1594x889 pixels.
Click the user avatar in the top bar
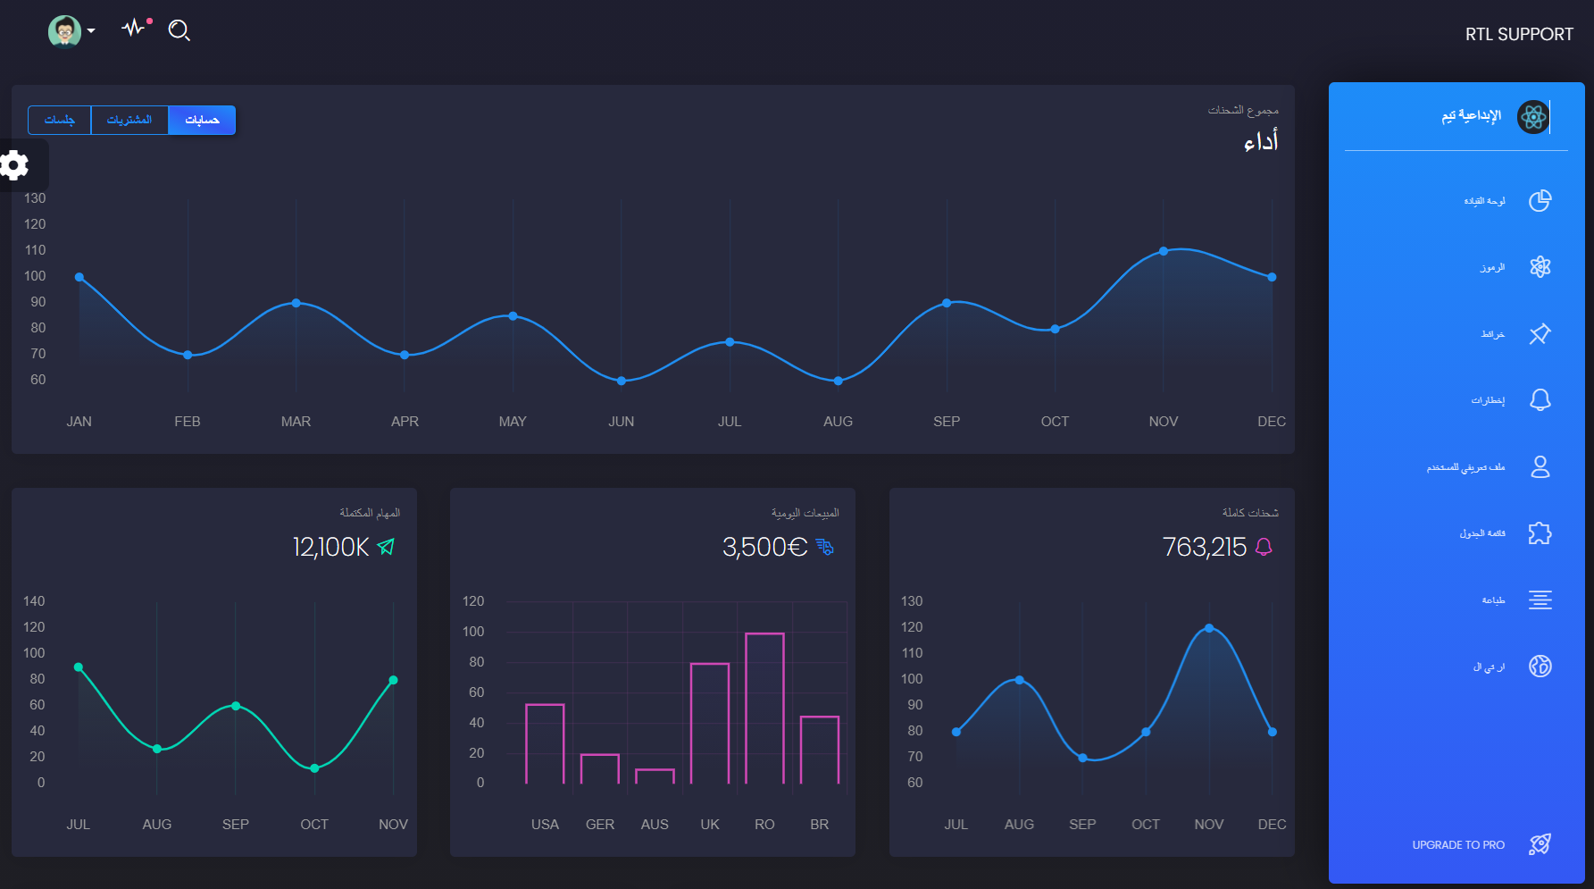[64, 31]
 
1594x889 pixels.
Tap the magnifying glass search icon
[179, 30]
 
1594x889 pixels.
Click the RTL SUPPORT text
[1518, 34]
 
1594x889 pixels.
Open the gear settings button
[15, 165]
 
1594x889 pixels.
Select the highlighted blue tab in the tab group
[202, 120]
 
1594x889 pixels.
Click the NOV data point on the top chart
[1163, 251]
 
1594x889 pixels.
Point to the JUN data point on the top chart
[622, 381]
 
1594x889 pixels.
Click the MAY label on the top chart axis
[513, 421]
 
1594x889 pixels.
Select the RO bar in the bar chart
[764, 708]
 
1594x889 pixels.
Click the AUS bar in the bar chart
[655, 776]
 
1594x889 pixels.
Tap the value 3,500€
[764, 547]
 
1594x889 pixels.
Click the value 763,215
[1204, 547]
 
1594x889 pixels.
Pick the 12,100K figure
[330, 547]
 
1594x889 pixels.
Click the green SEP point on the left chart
[236, 706]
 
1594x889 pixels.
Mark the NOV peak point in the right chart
[1209, 628]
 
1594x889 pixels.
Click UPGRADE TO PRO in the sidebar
[1458, 844]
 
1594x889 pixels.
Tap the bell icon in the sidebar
[1540, 399]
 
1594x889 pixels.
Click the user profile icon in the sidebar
[1540, 466]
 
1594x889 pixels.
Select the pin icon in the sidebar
[1540, 333]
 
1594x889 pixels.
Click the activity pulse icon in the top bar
[134, 28]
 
